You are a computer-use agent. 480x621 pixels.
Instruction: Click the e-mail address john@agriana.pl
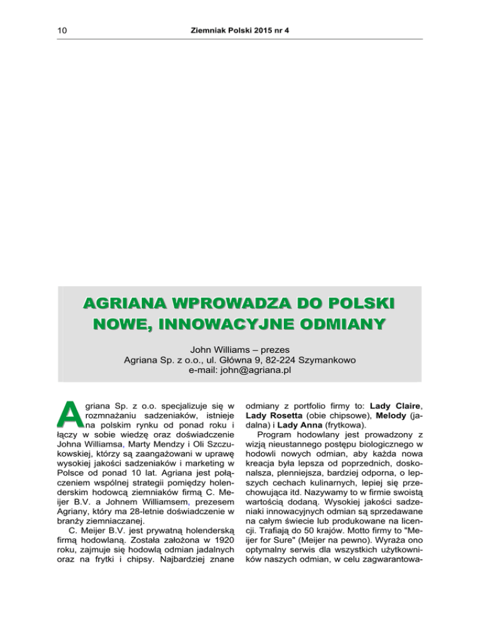coord(241,374)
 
